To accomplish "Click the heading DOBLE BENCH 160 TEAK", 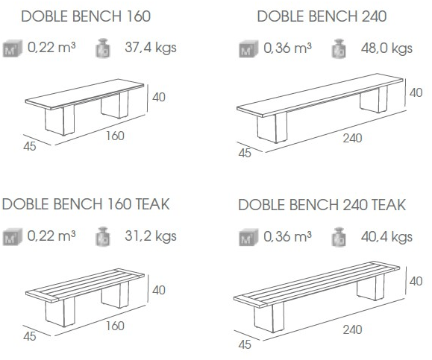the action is tap(86, 204).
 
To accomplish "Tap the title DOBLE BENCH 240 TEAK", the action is tap(322, 205).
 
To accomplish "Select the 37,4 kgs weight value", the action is tap(151, 48).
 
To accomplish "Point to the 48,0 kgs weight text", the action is tap(386, 48).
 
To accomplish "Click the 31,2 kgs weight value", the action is tap(151, 236).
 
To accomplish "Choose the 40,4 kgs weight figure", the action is tap(386, 237).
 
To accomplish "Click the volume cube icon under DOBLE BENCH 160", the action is tap(13, 48).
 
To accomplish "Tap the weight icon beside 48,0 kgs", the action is tap(339, 49).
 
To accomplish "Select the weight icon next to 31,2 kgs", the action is tap(103, 236).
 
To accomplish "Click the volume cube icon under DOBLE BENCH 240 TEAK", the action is tap(248, 237).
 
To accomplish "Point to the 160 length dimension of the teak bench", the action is tap(115, 326).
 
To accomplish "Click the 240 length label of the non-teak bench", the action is tap(352, 138).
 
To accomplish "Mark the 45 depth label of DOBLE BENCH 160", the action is tap(30, 146).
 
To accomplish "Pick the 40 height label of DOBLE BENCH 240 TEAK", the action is tap(416, 281).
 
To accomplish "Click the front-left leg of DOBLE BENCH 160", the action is tap(60, 120).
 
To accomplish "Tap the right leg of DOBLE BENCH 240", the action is tap(374, 98).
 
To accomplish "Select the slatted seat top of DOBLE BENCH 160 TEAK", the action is tap(85, 285).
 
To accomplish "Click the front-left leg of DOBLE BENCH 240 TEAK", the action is tap(269, 318).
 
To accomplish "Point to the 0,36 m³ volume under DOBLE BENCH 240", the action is tap(288, 48).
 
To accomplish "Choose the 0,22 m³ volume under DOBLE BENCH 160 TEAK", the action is tap(51, 236).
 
